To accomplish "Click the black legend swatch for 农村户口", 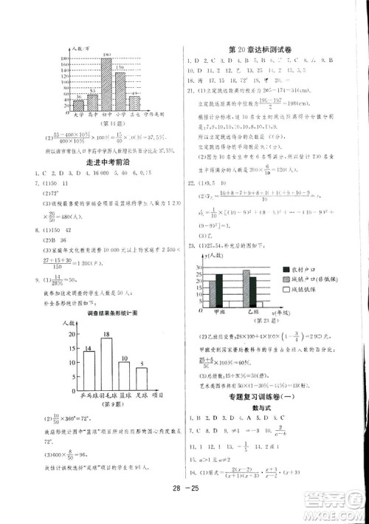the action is point(286,270).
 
